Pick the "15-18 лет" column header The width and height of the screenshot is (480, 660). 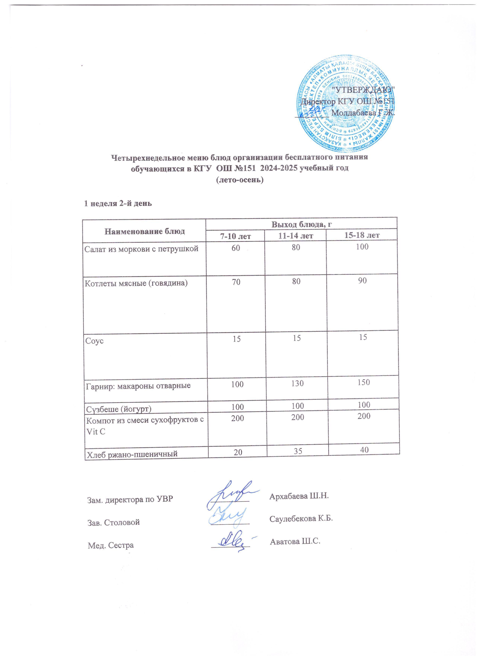click(x=362, y=235)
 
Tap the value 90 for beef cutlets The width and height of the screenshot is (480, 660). click(x=362, y=281)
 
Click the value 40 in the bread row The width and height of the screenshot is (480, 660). click(x=364, y=450)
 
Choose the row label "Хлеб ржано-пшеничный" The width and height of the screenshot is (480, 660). click(x=131, y=453)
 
